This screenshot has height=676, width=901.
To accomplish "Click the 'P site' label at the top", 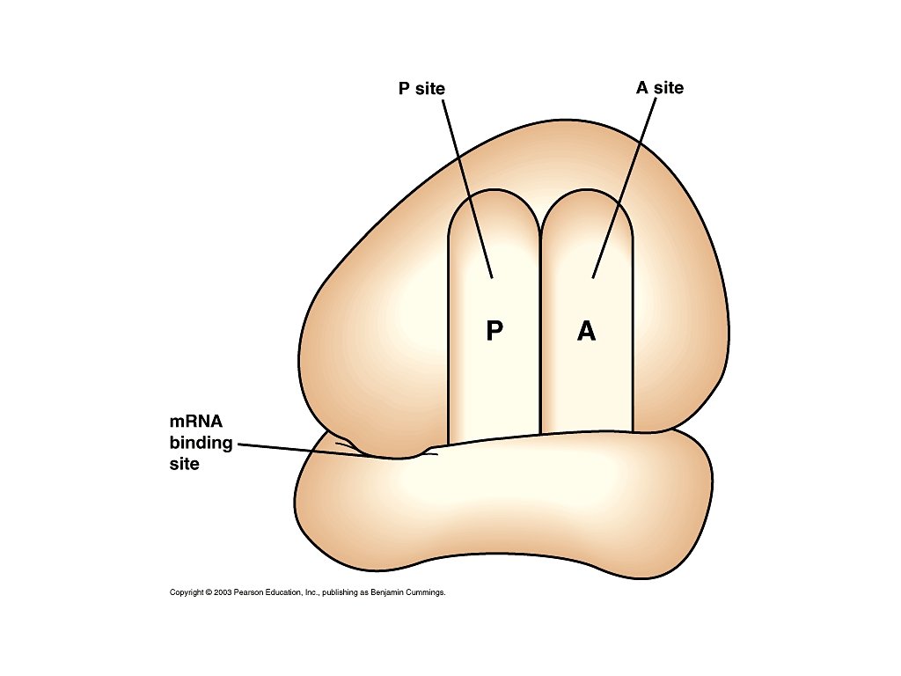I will (x=421, y=88).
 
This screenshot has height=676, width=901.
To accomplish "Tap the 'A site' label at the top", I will (x=659, y=88).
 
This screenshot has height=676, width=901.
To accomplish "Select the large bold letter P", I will (x=494, y=331).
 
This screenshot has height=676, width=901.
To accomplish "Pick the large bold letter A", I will (x=586, y=331).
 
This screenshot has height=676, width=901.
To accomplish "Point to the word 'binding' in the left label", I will (x=201, y=443).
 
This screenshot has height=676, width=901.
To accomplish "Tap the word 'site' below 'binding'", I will (x=184, y=463).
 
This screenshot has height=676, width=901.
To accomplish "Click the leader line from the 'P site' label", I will (x=466, y=185).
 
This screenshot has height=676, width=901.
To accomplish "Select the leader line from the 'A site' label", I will (x=626, y=185).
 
